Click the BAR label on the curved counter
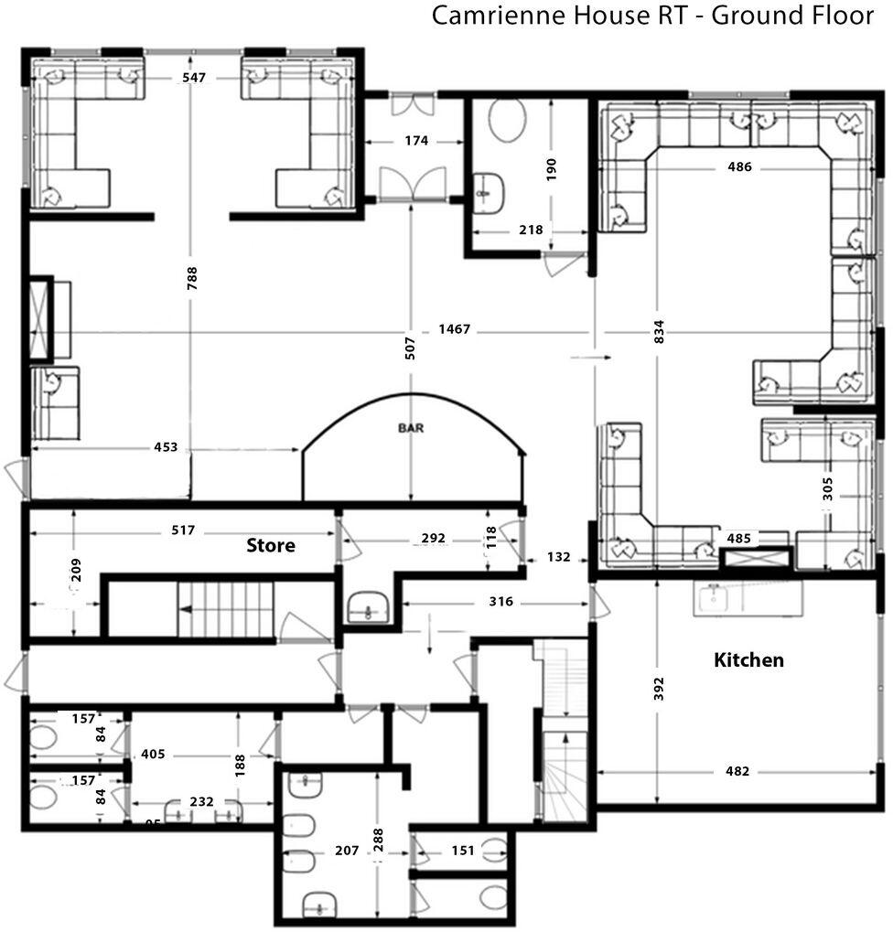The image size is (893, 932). pos(412,427)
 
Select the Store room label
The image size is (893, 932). pos(271,546)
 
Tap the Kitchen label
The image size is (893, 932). pos(748,659)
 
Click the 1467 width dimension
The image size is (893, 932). pos(454,329)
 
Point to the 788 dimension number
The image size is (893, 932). pos(192,278)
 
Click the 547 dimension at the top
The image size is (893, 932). pos(193,79)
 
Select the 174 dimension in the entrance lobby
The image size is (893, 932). pos(415,141)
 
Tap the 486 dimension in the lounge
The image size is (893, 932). pos(739,167)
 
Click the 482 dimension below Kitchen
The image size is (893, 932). pos(737,771)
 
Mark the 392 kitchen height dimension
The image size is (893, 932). pos(659,690)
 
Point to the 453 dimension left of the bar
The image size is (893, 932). pos(166,448)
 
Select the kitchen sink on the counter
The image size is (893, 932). pos(714,599)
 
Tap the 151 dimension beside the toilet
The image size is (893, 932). pos(463,851)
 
